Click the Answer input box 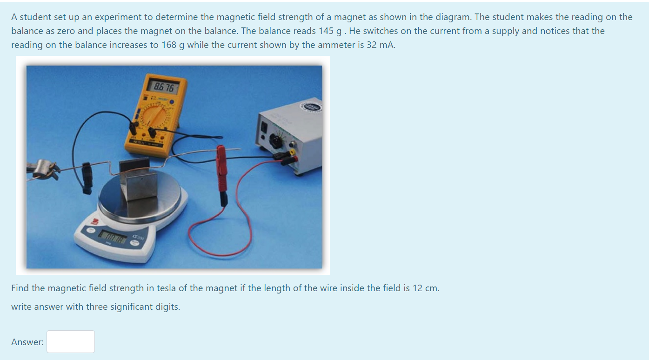click(x=71, y=341)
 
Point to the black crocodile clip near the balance click(x=87, y=177)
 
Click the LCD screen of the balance click(x=112, y=238)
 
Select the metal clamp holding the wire click(x=44, y=168)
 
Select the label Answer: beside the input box click(x=27, y=342)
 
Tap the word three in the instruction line click(x=97, y=307)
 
